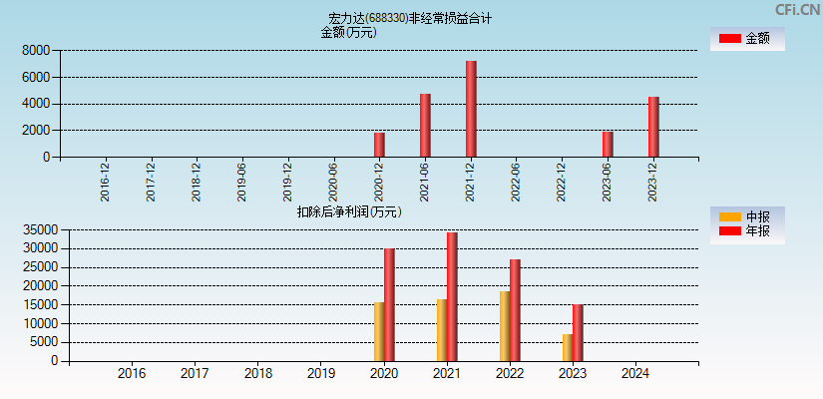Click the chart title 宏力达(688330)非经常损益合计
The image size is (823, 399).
coord(410,18)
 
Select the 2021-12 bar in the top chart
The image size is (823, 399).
coord(471,109)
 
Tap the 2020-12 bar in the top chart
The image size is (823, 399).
coord(379,145)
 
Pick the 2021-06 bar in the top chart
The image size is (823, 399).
coord(425,125)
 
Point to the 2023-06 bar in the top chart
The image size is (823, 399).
coord(608,144)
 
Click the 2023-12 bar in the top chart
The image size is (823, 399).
coord(653,127)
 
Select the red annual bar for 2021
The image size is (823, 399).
coord(452,296)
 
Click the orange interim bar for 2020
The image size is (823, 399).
coord(379,331)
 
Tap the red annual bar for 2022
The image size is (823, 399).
coord(515,310)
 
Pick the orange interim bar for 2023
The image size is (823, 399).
coord(568,347)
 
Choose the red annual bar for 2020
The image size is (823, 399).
coord(389,304)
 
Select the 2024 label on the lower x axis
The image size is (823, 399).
coord(634,374)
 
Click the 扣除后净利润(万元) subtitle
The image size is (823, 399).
coord(348,211)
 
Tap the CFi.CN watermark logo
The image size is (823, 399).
coord(797,10)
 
